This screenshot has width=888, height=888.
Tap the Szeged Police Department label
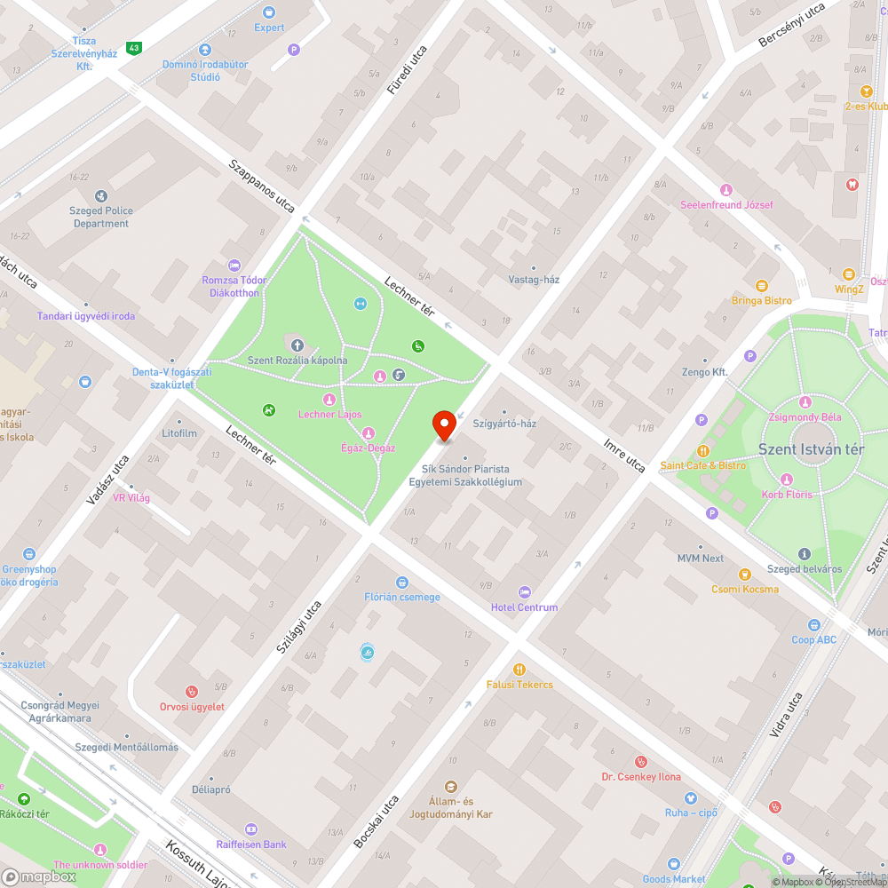click(101, 218)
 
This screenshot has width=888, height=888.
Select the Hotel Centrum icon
click(524, 591)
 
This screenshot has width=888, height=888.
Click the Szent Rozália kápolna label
click(297, 360)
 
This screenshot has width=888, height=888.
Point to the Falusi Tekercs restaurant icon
click(519, 670)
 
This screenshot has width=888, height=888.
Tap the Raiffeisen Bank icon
click(251, 829)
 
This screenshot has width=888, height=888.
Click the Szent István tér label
click(811, 448)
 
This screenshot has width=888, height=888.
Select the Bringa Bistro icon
click(761, 286)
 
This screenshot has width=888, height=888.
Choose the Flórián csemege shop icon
click(402, 582)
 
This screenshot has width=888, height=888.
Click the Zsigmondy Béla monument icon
click(805, 401)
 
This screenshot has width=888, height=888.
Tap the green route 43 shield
click(134, 48)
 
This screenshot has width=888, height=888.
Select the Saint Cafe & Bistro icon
click(703, 451)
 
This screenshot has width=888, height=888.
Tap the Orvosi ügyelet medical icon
click(191, 692)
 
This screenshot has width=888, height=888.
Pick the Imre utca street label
click(624, 454)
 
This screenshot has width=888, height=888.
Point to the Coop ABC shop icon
click(814, 625)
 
